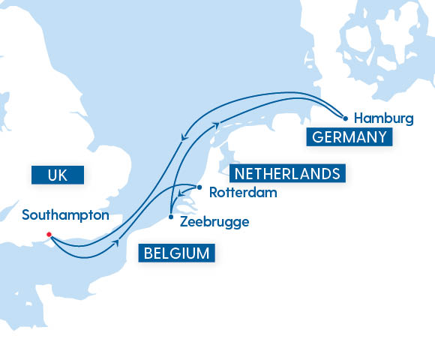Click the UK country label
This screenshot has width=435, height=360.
[x=57, y=175]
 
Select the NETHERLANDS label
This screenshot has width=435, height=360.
[x=285, y=174]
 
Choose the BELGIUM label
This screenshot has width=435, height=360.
[x=176, y=253]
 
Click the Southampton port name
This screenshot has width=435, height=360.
[x=66, y=215]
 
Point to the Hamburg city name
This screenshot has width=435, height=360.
[x=383, y=118]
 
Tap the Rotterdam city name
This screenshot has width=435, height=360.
[x=243, y=193]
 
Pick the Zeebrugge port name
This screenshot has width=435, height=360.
[x=214, y=222]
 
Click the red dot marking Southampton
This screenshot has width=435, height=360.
[x=49, y=235]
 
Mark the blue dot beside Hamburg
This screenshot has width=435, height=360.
[x=345, y=118]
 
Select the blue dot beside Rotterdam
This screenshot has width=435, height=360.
[x=199, y=187]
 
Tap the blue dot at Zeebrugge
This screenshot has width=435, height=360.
[x=172, y=217]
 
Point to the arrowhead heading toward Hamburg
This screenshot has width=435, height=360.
[x=216, y=124]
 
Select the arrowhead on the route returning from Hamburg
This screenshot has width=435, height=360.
[x=184, y=136]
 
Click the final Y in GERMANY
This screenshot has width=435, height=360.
[x=382, y=136]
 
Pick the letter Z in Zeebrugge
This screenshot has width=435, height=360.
[x=184, y=222]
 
